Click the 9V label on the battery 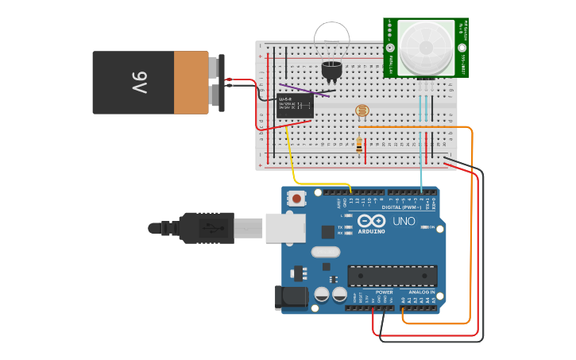pos(139,82)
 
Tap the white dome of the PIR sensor pos(425,48)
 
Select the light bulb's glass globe pos(331,40)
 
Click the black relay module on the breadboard pos(294,106)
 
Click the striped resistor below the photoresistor pos(359,145)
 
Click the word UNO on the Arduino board pos(404,222)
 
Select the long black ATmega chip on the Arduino pos(392,276)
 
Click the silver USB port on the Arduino pos(284,228)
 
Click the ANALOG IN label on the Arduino pos(421,292)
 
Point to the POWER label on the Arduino pos(385,292)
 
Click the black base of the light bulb pos(331,71)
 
